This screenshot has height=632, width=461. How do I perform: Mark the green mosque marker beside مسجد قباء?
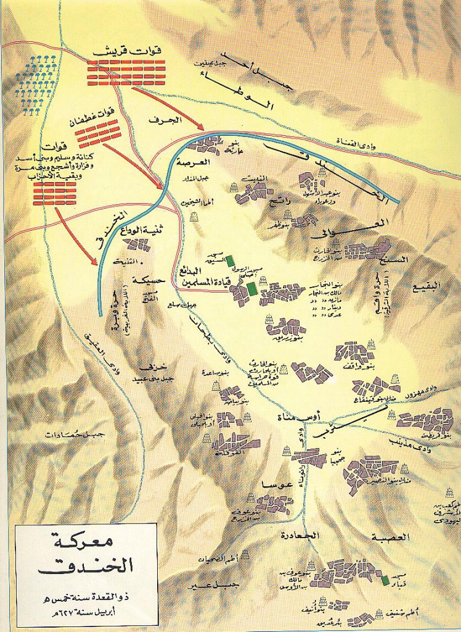tap(385, 581)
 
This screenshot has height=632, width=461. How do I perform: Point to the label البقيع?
tap(428, 286)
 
